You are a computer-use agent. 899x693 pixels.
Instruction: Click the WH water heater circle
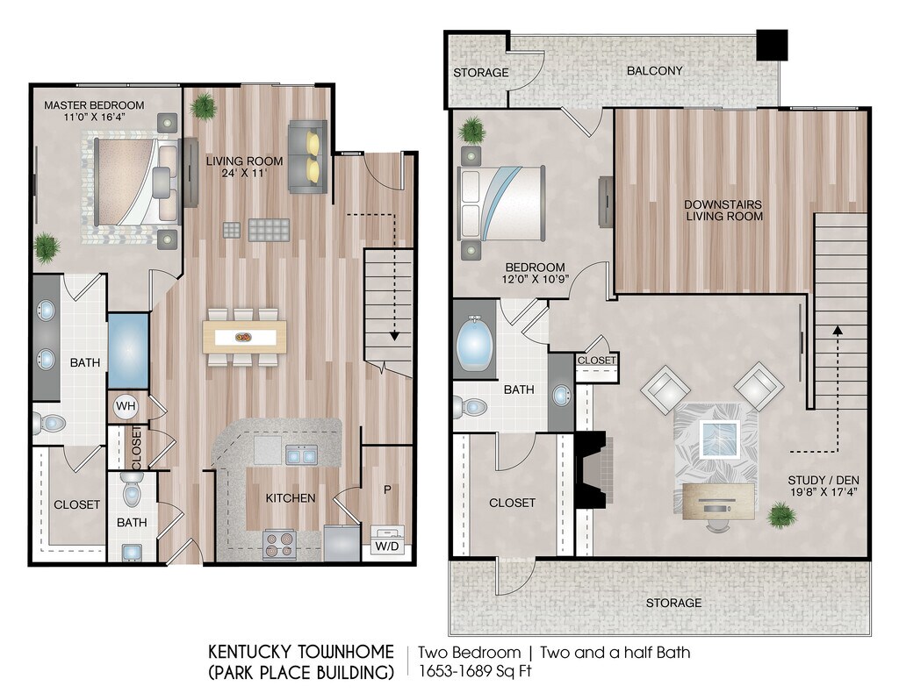tap(126, 407)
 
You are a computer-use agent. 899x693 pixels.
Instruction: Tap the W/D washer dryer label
tap(387, 546)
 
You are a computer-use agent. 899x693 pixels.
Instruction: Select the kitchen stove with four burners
tap(278, 544)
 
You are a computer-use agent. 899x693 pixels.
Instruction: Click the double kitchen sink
tap(302, 454)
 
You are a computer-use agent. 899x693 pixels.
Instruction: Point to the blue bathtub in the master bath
tap(128, 351)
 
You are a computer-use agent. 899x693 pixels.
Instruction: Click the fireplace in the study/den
tap(593, 469)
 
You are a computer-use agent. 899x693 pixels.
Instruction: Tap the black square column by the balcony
tap(772, 45)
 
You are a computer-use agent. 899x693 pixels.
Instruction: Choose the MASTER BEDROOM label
tap(94, 104)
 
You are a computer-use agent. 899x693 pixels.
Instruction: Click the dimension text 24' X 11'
tap(244, 173)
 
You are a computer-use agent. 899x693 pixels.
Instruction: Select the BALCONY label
tap(654, 70)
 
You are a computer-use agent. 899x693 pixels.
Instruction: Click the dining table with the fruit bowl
tap(245, 337)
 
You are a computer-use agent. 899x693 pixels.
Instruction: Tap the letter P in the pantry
tap(387, 489)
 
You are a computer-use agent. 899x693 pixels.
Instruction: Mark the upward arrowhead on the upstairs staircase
tap(838, 330)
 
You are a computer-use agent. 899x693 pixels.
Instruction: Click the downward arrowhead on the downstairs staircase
tap(394, 336)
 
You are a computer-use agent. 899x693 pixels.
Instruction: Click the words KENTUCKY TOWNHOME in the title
tap(301, 652)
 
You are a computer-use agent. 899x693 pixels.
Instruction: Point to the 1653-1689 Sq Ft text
tap(475, 670)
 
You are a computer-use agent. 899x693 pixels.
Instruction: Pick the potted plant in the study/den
tap(782, 515)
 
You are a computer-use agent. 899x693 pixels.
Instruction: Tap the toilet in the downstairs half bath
tap(132, 491)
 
